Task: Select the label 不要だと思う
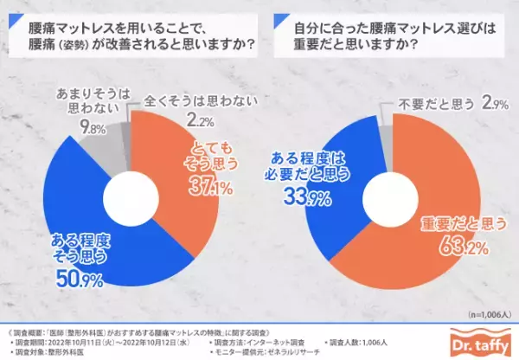[426, 104]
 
